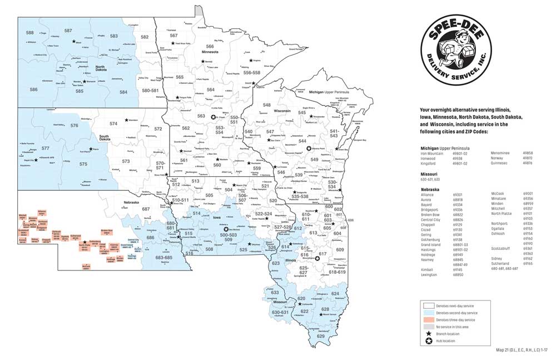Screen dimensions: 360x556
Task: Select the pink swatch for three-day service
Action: (428, 320)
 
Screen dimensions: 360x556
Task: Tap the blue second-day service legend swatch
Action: (428, 313)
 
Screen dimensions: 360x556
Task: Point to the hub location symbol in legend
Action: (428, 341)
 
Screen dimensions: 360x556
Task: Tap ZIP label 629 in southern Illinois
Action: (320, 336)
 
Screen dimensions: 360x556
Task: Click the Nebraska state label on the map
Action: (131, 202)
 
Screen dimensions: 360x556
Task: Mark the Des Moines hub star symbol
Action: (226, 229)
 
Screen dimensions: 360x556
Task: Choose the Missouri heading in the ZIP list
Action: (429, 174)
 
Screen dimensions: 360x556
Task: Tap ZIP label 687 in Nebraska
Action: (146, 209)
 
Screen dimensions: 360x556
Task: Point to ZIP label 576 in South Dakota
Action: (74, 126)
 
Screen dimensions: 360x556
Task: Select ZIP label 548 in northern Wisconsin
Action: (267, 105)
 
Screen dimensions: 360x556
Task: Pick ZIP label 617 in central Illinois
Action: (322, 254)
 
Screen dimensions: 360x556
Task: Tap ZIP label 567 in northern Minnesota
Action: (173, 35)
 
